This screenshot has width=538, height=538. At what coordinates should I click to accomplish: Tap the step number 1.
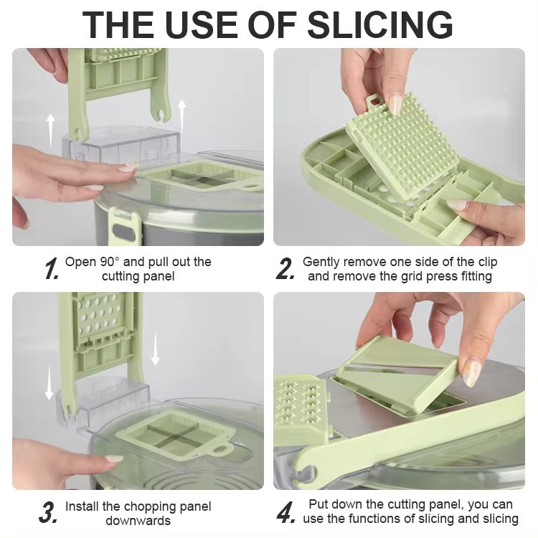50,270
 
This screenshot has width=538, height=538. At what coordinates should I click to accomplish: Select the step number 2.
285,270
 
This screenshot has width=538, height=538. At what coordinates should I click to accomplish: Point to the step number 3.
49,513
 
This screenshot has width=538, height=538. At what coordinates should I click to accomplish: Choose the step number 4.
285,512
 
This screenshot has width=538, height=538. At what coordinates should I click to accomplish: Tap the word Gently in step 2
322,262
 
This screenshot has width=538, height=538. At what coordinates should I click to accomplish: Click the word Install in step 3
82,506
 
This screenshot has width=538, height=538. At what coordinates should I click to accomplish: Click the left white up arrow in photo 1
50,128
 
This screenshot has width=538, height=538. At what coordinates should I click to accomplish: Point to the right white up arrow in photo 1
182,115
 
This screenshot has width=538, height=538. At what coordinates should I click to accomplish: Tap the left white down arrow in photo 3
49,383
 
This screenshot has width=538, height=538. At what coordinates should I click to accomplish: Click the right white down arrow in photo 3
156,351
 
